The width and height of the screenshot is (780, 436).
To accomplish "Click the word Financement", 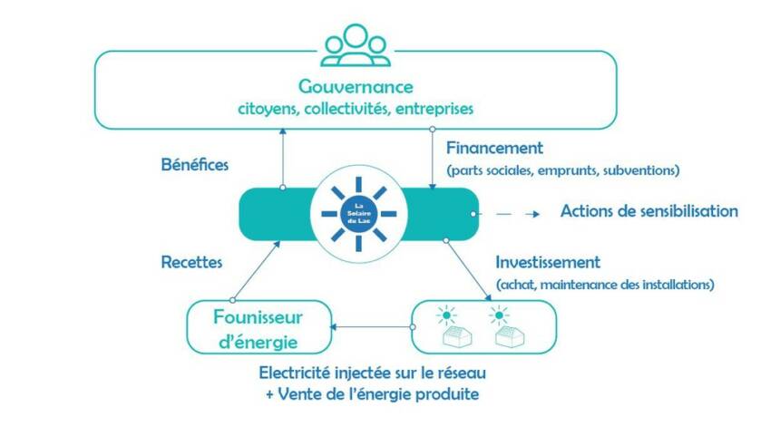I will (495, 147).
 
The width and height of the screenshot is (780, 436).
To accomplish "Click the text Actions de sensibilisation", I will (648, 212).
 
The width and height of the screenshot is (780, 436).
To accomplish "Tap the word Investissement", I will (548, 262).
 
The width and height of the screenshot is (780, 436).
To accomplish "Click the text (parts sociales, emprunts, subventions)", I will (562, 170).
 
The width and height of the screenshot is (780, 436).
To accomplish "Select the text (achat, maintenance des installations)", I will (606, 285).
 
